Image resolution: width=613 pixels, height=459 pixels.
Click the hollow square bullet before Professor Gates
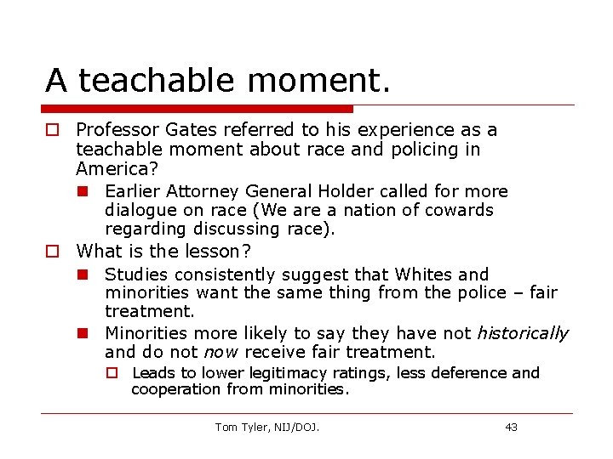coord(53,130)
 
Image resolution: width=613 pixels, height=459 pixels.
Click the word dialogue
coord(139,210)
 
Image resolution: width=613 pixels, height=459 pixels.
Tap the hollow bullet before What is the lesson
coord(53,252)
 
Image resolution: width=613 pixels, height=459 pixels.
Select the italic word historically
coord(522,333)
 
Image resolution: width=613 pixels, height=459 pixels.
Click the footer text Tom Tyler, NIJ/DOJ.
coord(266,427)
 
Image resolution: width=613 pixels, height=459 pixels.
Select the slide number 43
coord(511,427)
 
